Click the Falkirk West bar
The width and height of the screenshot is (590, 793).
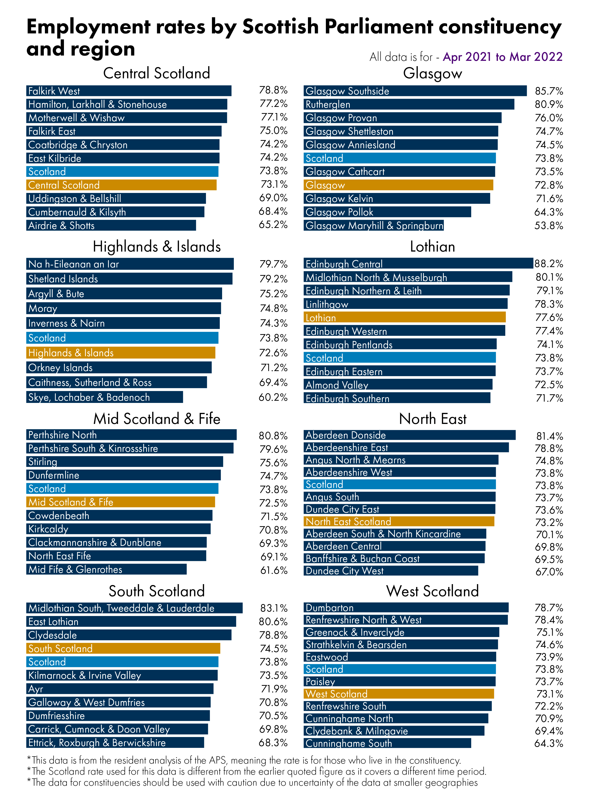point(129,91)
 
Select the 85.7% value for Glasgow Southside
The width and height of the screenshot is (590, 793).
point(549,91)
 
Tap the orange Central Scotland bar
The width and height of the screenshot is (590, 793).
point(121,185)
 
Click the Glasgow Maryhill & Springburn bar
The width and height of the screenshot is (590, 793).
point(374,225)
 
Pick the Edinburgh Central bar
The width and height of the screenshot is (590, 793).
point(418,264)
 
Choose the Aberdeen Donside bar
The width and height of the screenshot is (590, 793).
point(409,435)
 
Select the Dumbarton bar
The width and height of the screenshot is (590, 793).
point(406,607)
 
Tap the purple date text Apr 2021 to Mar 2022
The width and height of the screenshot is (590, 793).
point(502,57)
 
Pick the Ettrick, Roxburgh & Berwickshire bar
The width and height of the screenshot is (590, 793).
point(115,742)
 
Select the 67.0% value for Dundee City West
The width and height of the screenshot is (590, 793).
point(549,572)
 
